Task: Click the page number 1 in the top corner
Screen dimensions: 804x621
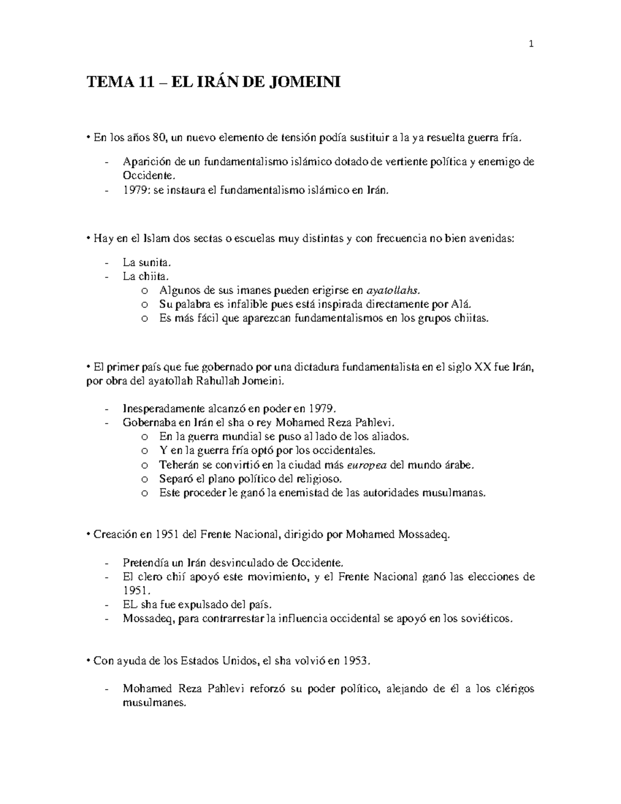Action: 530,45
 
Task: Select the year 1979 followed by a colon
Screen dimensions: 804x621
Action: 136,190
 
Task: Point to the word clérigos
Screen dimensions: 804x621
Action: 515,689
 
